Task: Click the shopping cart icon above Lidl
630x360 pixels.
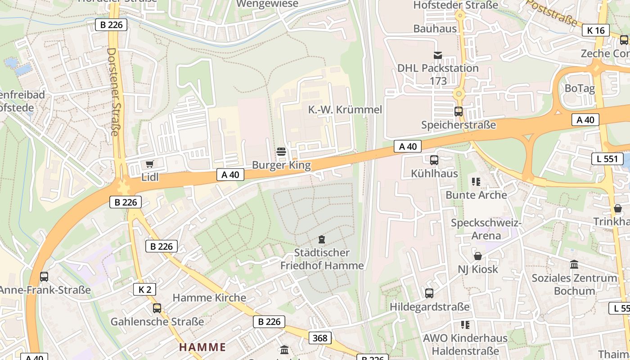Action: (150, 164)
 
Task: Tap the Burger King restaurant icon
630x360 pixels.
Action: (281, 152)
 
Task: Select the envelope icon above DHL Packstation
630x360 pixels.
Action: (438, 55)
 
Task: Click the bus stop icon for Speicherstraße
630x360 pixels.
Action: (458, 111)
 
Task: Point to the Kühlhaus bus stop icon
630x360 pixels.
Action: (434, 160)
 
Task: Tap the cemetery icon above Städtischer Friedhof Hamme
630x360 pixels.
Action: (322, 239)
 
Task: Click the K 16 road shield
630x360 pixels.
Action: (596, 30)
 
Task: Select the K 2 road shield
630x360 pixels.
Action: (144, 289)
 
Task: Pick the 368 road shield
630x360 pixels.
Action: (320, 337)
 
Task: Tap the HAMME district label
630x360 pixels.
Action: (202, 347)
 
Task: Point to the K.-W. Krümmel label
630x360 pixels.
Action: (345, 110)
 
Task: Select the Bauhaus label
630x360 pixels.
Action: (435, 29)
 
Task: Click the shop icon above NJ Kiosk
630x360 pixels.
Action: (478, 256)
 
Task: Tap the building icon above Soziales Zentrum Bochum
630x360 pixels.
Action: (574, 265)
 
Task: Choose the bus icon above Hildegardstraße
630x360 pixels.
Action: (429, 293)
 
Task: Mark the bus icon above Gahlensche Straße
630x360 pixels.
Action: (157, 308)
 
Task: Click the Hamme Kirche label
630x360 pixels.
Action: (209, 297)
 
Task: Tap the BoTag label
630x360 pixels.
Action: (580, 88)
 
